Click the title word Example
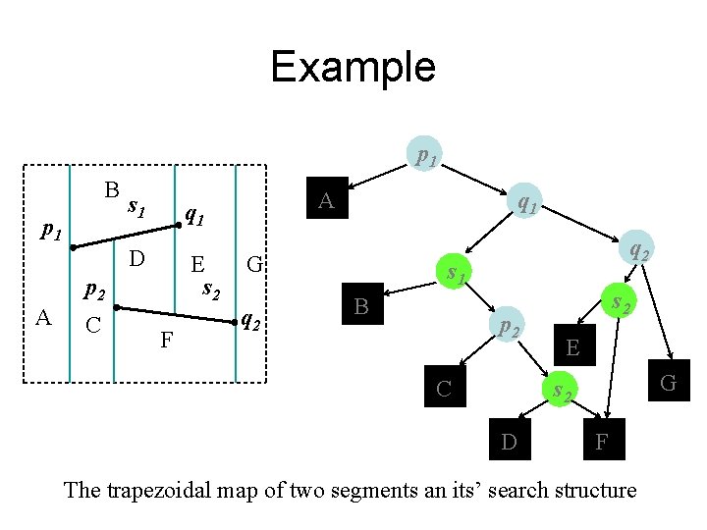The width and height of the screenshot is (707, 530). point(353,67)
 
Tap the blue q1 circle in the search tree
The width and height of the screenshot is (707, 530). point(525,203)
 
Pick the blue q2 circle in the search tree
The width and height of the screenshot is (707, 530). point(637,251)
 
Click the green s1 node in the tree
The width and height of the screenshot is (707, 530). point(455,272)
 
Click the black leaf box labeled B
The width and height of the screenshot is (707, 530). point(361,307)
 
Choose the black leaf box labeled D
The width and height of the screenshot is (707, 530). point(509,442)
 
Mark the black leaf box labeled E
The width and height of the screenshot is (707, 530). point(573,345)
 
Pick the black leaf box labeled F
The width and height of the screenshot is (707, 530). point(602,442)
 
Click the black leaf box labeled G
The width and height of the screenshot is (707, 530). point(669,383)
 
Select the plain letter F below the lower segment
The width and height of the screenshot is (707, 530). point(167,342)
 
